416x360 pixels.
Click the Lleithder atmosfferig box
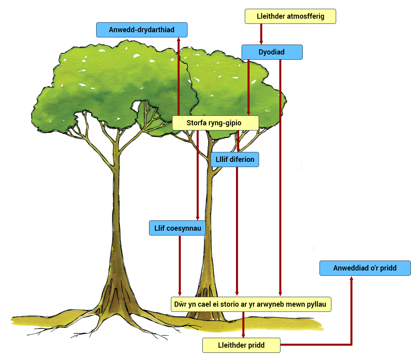click(290, 16)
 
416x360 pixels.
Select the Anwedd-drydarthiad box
click(142, 30)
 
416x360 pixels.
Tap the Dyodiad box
click(272, 52)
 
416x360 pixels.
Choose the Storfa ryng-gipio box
click(215, 123)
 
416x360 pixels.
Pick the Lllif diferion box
click(235, 160)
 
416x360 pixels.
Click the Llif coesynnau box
click(177, 228)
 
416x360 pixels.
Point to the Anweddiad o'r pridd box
click(365, 268)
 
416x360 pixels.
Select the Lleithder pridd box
click(241, 345)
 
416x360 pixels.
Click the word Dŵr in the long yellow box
click(180, 304)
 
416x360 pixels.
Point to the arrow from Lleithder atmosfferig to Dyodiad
click(261, 34)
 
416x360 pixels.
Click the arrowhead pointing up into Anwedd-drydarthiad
click(178, 39)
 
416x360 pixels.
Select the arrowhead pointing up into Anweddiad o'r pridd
click(351, 278)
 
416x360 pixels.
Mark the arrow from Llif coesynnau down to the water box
click(180, 266)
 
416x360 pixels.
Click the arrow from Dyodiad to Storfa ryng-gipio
click(248, 88)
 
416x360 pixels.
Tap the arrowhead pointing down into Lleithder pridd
click(243, 336)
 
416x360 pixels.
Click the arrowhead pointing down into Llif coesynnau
click(197, 218)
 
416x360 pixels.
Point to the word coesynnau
click(184, 228)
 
